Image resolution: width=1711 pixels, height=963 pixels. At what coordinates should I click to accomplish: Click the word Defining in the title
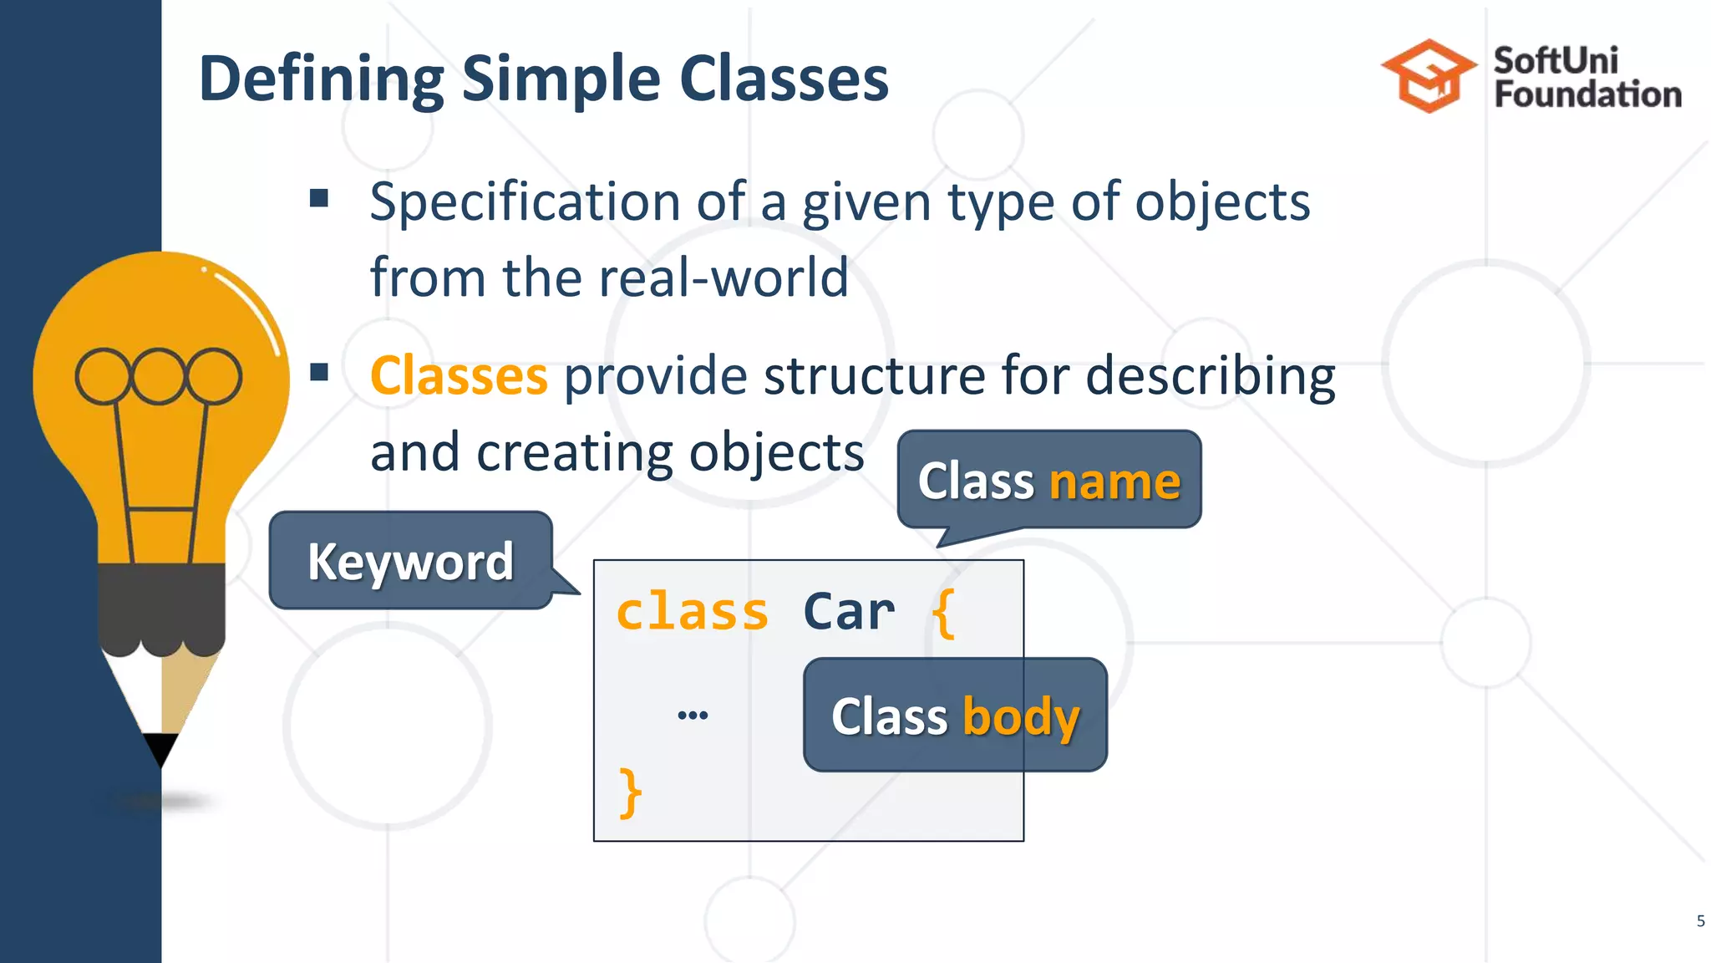322,79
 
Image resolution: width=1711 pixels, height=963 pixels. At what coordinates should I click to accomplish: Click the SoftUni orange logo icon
1428,76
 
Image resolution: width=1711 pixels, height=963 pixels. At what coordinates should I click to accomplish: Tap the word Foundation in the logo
1587,94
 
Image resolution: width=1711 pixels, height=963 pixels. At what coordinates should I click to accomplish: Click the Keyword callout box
410,560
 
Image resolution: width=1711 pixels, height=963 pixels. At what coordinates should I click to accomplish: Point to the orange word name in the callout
1114,481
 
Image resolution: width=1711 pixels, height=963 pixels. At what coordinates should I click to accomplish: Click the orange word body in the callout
1021,717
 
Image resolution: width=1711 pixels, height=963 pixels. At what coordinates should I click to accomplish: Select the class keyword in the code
692,612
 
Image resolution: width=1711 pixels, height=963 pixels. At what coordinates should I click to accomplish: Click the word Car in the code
848,612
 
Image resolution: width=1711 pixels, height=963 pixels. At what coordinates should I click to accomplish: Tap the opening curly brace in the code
943,614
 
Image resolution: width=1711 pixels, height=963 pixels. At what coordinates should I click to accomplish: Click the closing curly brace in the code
630,792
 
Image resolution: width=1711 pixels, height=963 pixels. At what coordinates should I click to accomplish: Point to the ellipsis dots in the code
693,715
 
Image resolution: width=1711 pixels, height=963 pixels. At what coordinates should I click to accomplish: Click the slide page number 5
1700,921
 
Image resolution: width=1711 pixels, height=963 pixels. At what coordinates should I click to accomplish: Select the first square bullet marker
318,198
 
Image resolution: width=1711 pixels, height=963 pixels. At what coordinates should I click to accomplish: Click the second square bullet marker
318,372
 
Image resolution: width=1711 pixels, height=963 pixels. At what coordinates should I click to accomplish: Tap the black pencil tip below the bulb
160,748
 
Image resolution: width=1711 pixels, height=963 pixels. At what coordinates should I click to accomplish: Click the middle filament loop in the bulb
158,376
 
